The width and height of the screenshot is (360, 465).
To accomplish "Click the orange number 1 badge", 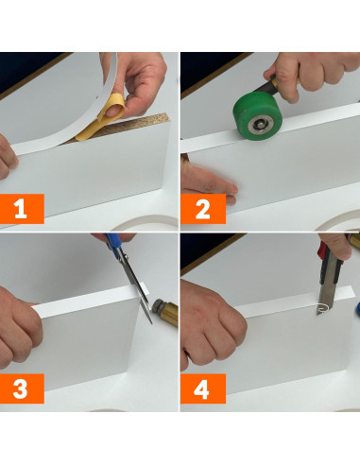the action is pos(22,209).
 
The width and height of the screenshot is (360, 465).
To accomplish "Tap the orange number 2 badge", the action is pos(203,209).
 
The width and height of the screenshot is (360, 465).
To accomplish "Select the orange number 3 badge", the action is pos(22,388).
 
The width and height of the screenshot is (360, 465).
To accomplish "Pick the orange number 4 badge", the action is pos(203,388).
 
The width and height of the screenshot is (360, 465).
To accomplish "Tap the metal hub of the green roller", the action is pos(259,125).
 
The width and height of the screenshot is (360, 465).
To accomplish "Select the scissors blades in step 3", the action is pos(138,285).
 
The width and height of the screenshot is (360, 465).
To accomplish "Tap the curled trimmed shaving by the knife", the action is pos(323,308).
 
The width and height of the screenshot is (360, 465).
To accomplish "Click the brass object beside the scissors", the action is pos(165,312).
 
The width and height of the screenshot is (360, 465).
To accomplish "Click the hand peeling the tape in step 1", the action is pos(139,83).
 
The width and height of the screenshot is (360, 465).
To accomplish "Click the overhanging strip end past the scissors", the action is pos(145,288).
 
